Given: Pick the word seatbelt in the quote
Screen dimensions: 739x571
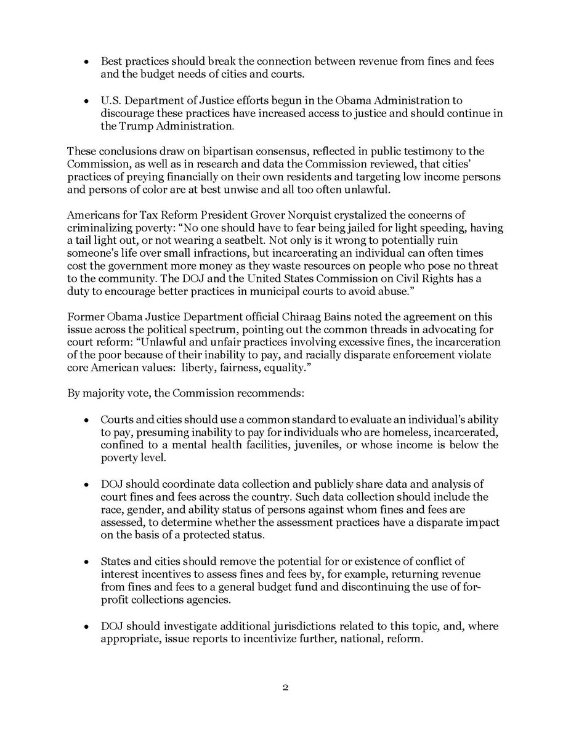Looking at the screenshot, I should point(263,240).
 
